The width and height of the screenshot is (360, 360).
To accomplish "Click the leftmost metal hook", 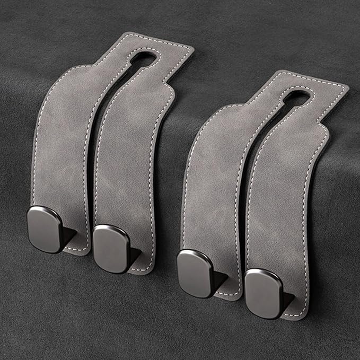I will [x=45, y=229].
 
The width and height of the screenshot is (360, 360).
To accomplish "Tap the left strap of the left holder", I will [x=61, y=143].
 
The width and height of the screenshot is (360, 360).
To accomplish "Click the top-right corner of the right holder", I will [x=345, y=87].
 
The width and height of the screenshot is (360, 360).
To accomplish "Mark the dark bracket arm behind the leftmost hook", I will [x=69, y=233].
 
